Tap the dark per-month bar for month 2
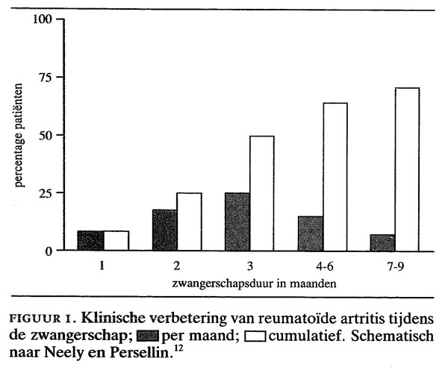tap(165, 230)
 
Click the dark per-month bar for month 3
tap(237, 222)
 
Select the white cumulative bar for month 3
tap(262, 193)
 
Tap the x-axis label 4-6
tap(323, 266)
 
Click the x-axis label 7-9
tap(396, 266)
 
